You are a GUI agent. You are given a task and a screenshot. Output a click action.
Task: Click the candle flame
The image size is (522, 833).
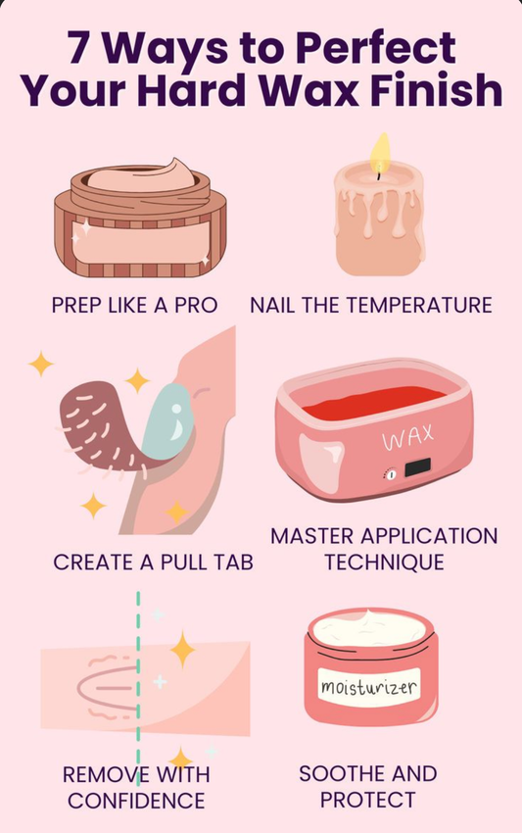pos(379,153)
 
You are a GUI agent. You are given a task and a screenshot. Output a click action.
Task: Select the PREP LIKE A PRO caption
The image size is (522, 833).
pos(135,305)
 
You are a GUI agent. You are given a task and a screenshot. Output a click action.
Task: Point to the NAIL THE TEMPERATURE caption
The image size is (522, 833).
pos(371,305)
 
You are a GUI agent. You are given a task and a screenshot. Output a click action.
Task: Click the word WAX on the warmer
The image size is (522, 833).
pos(406,438)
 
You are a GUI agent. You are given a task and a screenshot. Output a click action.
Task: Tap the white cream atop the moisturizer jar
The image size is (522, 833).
pos(367,623)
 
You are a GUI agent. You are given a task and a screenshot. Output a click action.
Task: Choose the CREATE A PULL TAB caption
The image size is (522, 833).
pos(153,563)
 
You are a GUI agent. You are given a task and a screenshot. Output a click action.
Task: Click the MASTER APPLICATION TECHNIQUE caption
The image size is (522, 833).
pos(384,549)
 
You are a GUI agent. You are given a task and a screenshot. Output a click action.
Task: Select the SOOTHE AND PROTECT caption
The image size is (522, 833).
pos(368,787)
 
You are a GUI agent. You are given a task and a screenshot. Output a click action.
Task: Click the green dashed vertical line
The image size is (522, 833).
pos(139,686)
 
